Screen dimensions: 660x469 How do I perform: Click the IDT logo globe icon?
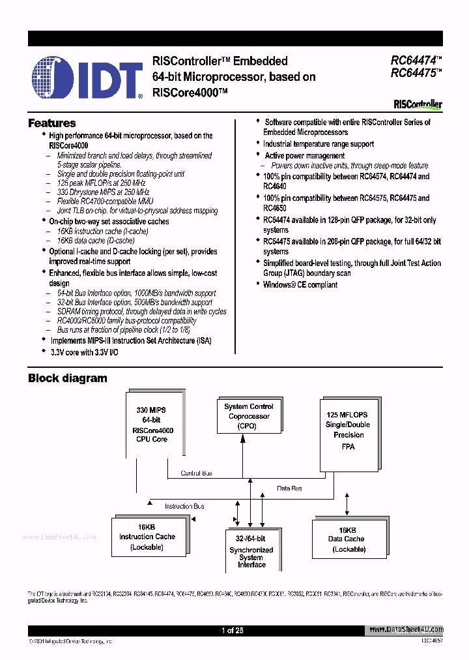[x=54, y=77]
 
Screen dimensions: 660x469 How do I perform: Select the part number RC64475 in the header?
[x=414, y=73]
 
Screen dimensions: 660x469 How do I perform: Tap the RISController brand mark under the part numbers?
[x=418, y=104]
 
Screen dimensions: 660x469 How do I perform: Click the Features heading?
[x=51, y=123]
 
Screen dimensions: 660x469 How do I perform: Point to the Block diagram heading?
[x=67, y=378]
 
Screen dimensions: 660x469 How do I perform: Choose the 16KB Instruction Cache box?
[x=147, y=537]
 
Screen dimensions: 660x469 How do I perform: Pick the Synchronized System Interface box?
[x=251, y=551]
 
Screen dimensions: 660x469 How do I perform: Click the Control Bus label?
[x=196, y=473]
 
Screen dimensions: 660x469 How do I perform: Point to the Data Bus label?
[x=289, y=488]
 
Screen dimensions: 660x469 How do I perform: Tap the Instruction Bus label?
[x=184, y=506]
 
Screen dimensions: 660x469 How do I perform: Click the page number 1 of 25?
[x=232, y=630]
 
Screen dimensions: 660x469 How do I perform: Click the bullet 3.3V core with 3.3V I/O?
[x=84, y=352]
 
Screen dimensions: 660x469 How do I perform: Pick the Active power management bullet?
[x=304, y=156]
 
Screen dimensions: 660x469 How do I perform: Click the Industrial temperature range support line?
[x=318, y=144]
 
